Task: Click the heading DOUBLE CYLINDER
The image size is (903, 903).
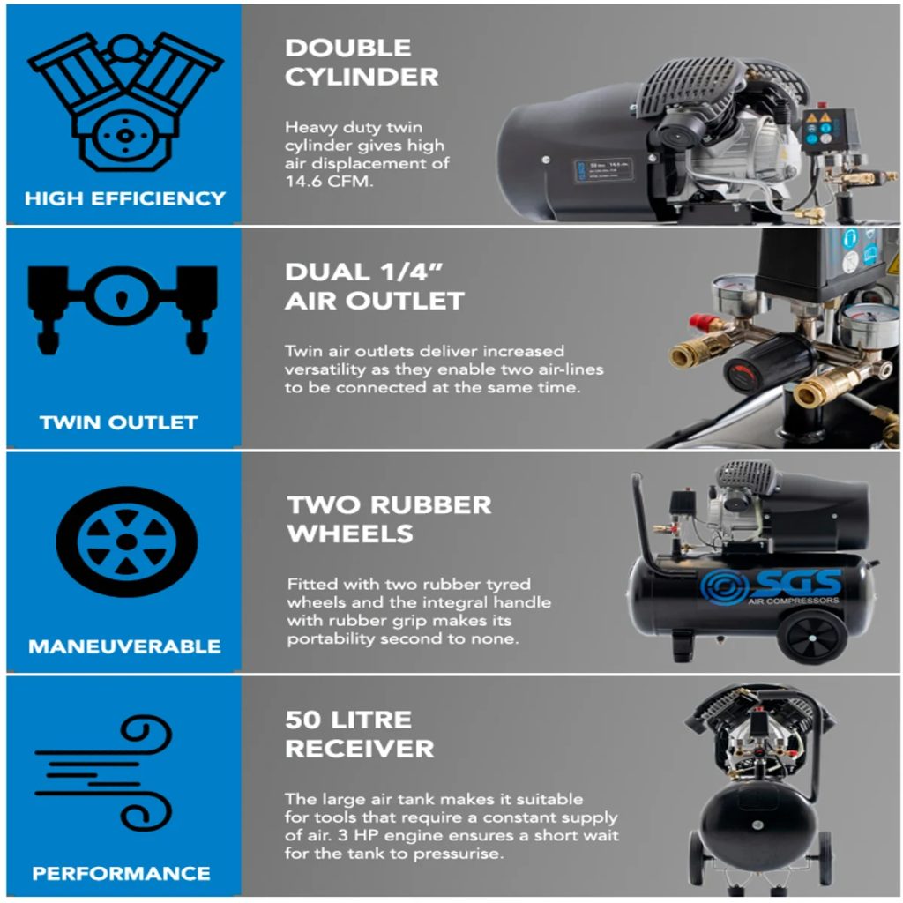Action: pos(362,63)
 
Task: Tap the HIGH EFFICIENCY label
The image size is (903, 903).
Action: pos(125,198)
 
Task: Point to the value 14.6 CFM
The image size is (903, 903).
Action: pos(329,181)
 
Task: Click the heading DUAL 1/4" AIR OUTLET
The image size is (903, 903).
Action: pos(374,287)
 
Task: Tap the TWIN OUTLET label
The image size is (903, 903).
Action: pos(119,422)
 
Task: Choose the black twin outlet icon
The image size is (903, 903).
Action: pos(122,309)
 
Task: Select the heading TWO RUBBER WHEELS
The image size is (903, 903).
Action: pos(389,519)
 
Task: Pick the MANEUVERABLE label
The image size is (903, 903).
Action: pos(124,646)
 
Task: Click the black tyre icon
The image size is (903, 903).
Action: pos(127,541)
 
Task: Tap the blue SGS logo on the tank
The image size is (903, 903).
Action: pos(771,586)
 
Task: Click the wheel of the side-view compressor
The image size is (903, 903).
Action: pos(812,637)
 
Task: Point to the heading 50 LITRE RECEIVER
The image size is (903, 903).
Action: pos(360,735)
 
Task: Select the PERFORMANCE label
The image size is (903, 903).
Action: pos(122,873)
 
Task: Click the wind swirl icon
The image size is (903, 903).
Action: pos(104,772)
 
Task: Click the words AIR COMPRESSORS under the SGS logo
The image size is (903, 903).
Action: pos(794,601)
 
